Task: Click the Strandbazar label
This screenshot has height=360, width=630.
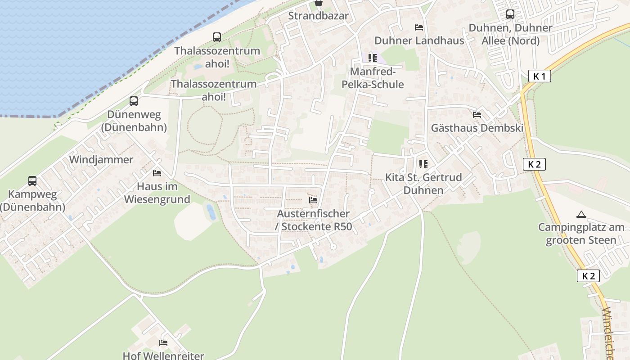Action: (318, 16)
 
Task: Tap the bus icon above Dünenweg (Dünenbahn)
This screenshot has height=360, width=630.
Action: (134, 101)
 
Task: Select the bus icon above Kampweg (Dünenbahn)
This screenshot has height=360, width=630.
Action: (32, 181)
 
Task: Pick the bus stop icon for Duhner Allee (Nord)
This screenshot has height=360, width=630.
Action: (510, 14)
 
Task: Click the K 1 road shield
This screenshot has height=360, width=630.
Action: (539, 76)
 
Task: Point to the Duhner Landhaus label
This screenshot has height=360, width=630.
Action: (419, 40)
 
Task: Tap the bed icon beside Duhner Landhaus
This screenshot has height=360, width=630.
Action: (419, 27)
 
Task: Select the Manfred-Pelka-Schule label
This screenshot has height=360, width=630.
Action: (373, 78)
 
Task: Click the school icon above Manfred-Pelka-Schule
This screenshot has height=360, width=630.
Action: (373, 58)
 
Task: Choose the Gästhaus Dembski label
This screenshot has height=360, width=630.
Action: (477, 128)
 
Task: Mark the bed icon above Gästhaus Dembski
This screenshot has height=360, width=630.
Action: (477, 115)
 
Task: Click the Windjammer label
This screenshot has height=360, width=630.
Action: (101, 160)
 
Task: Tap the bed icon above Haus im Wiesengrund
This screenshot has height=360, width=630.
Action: (157, 173)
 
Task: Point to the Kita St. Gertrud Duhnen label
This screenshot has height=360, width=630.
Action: (423, 184)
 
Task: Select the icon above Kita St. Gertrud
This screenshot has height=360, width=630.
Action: (423, 164)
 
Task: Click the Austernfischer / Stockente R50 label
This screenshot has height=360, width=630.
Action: (313, 220)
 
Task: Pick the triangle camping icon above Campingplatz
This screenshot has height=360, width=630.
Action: (581, 215)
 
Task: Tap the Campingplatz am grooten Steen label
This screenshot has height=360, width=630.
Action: (581, 234)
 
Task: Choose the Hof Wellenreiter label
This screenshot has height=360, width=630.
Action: (163, 355)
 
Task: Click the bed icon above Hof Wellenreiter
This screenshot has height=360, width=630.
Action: (163, 343)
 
